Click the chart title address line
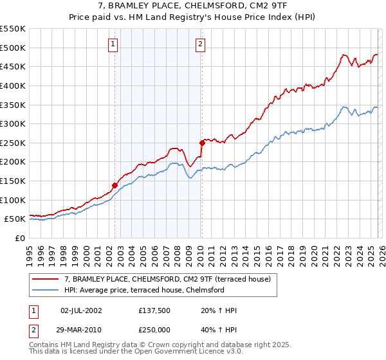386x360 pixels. (192, 7)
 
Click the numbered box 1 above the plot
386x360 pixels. (113, 44)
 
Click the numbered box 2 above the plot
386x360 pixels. (201, 44)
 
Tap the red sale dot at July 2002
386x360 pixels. (115, 185)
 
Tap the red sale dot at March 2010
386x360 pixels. (202, 143)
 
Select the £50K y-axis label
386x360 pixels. (15, 219)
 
